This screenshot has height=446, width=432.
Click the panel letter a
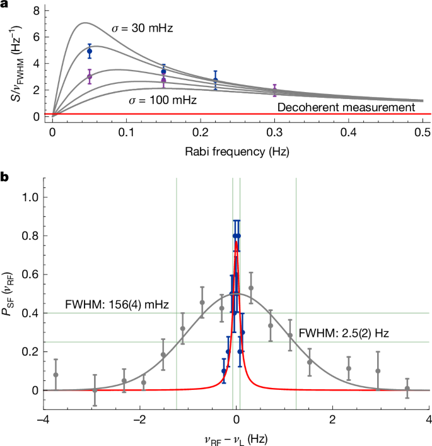pyautogui.click(x=6, y=6)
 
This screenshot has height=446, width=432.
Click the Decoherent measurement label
pyautogui.click(x=346, y=107)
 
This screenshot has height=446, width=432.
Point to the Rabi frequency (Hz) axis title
pyautogui.click(x=237, y=151)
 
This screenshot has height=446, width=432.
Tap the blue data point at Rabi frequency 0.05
pyautogui.click(x=90, y=51)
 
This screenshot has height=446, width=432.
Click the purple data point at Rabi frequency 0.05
pyautogui.click(x=90, y=76)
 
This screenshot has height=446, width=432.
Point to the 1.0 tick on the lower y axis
pyautogui.click(x=32, y=197)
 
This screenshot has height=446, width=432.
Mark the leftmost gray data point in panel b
pyautogui.click(x=55, y=375)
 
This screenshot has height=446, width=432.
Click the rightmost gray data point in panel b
pyautogui.click(x=407, y=388)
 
